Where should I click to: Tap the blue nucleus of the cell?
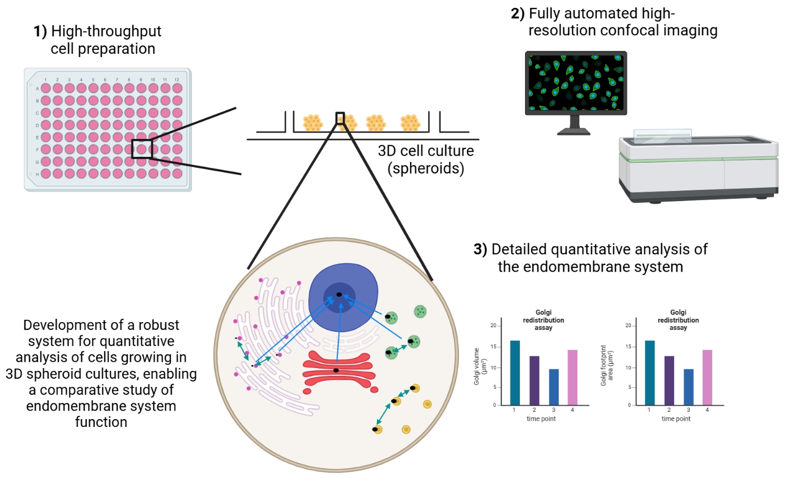[343, 298]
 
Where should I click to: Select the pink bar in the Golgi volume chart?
[572, 378]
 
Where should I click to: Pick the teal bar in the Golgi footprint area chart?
[649, 373]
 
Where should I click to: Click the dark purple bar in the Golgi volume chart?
[534, 380]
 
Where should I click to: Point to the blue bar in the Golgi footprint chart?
[688, 387]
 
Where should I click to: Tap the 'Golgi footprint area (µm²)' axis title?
[607, 365]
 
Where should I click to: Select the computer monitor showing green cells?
[576, 83]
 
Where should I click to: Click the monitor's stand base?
[574, 132]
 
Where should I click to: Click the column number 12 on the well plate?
[176, 80]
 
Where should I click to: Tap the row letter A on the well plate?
[37, 89]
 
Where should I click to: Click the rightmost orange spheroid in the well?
[410, 123]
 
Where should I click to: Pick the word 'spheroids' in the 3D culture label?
[426, 168]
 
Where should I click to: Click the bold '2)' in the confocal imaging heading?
[518, 13]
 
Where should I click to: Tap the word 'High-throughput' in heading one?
[106, 31]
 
